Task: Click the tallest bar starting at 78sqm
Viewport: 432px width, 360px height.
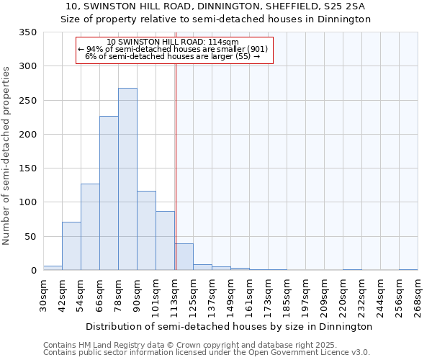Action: (127, 180)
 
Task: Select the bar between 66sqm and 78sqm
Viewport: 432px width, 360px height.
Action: (109, 194)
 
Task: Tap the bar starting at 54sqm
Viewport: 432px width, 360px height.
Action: (90, 228)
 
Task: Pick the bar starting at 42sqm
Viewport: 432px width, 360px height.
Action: (71, 246)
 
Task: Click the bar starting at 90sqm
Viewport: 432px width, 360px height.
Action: (146, 231)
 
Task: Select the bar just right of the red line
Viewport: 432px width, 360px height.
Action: (184, 257)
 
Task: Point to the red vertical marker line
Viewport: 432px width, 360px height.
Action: (176, 144)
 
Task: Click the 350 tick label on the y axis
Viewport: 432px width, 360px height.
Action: (27, 32)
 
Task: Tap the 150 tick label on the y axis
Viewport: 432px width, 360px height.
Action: (27, 168)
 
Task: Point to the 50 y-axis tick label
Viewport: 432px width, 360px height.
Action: (30, 236)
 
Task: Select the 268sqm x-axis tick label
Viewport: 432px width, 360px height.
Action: (418, 295)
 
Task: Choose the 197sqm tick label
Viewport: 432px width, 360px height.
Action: (305, 295)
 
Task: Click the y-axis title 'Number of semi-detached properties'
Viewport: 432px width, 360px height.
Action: (7, 156)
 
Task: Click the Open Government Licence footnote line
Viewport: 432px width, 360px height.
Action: (206, 352)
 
